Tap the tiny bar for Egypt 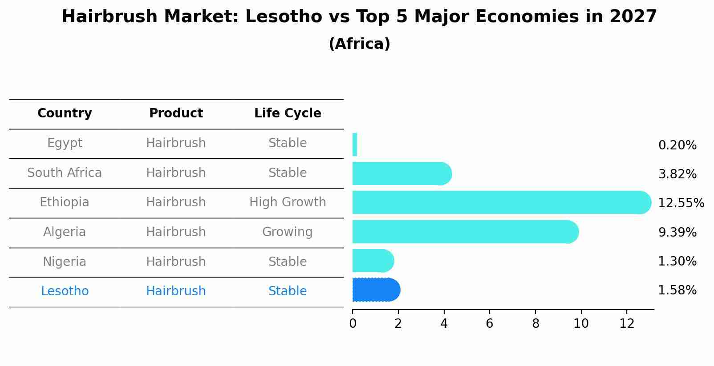[x=355, y=145]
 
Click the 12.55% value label [x=681, y=203]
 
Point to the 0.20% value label [x=677, y=145]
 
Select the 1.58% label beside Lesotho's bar [x=677, y=290]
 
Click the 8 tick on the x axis [x=535, y=324]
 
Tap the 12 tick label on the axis [x=627, y=324]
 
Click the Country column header [x=65, y=113]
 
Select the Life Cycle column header [x=288, y=113]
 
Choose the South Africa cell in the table [x=65, y=173]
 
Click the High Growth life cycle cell [x=288, y=202]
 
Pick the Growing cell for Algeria [x=288, y=232]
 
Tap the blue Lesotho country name [x=65, y=291]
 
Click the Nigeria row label [x=65, y=261]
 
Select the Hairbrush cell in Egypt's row [x=176, y=143]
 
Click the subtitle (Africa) [x=359, y=44]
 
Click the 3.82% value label [x=677, y=174]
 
